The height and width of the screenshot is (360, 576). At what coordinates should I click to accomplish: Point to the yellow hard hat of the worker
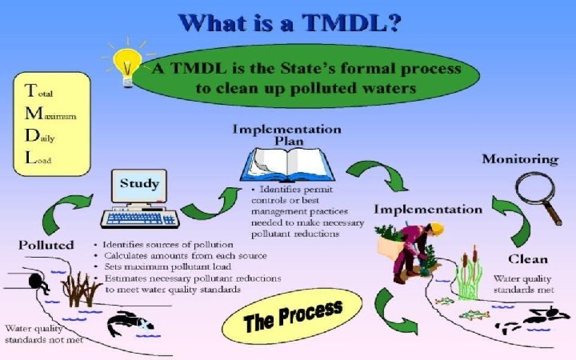point(437,229)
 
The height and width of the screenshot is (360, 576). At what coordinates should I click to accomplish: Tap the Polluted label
point(46,244)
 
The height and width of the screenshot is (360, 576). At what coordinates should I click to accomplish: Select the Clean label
point(527,258)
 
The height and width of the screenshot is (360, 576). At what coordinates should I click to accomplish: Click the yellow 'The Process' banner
point(293,314)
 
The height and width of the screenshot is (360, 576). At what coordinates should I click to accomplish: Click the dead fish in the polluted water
point(129,322)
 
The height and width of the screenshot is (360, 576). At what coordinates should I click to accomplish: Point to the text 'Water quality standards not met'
point(41,334)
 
